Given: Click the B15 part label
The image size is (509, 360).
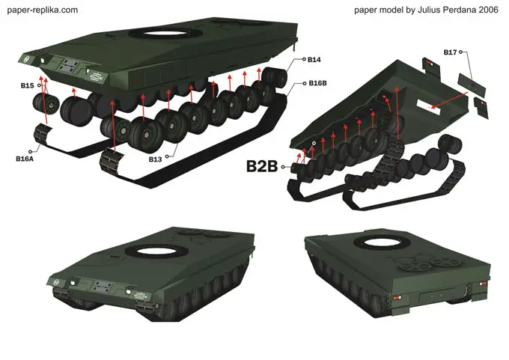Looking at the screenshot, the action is click(27, 85).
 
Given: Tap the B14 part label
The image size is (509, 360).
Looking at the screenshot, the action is click(314, 59).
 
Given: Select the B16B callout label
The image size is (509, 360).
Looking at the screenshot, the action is click(317, 83).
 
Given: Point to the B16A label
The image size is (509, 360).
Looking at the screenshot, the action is click(25, 159).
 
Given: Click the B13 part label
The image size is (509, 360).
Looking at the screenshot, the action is click(155, 159).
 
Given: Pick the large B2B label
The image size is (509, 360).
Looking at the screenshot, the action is click(262, 166).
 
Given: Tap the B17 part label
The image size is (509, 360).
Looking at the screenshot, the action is click(450, 52).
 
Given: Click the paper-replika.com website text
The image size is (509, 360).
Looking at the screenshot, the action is click(43, 10).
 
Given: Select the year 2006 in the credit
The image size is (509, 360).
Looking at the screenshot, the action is click(488, 10).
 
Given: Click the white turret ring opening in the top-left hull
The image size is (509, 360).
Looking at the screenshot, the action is click(165, 34).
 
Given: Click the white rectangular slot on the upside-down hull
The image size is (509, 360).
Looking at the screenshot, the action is click(429, 107).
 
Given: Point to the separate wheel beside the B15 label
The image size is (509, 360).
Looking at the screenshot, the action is click(46, 103).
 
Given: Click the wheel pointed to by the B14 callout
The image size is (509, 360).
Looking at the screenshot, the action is click(274, 78).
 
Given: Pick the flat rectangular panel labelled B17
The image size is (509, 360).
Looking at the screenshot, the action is click(472, 85).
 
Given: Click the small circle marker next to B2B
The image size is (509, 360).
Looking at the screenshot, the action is click(283, 167).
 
